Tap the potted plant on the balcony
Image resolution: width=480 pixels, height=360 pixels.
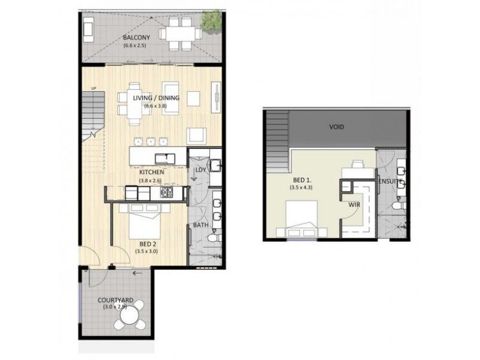point(211,22)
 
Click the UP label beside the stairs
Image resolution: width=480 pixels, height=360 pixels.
point(93,88)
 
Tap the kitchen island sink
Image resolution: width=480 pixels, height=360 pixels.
point(163,158)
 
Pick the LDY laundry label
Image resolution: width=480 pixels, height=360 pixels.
point(200,170)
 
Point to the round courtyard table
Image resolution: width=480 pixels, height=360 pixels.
point(130,315)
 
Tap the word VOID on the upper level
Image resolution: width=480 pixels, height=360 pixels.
point(336,127)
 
